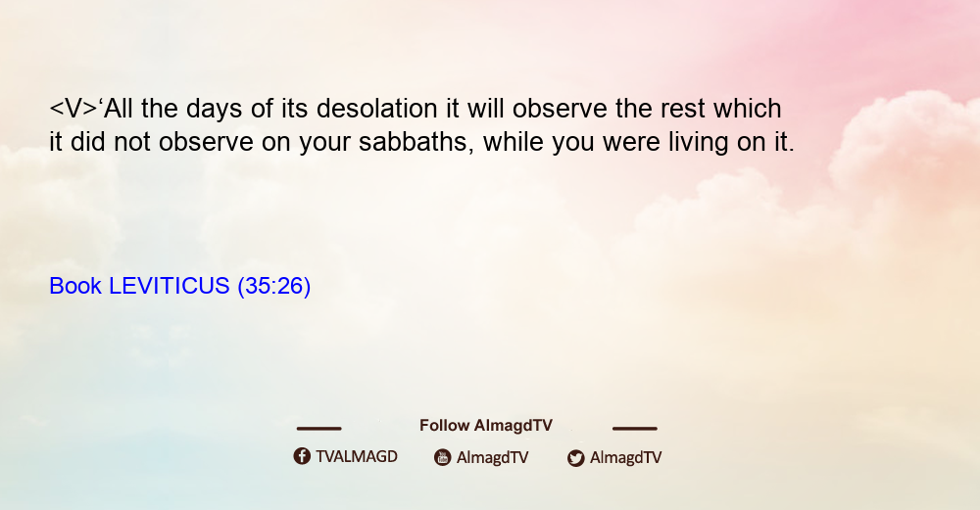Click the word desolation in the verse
[377, 109]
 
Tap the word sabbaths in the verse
[416, 142]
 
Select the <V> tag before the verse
[73, 109]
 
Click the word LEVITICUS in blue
[170, 286]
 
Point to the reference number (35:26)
[273, 286]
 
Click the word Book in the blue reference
[75, 286]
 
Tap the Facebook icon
[302, 456]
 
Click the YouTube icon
[443, 457]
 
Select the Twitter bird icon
[575, 458]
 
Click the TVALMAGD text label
[357, 457]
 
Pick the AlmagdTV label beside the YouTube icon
[493, 457]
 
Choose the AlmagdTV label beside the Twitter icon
[625, 457]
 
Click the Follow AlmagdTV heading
[486, 426]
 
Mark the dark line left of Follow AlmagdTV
[318, 428]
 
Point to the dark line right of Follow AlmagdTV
[635, 428]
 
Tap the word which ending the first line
[748, 109]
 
